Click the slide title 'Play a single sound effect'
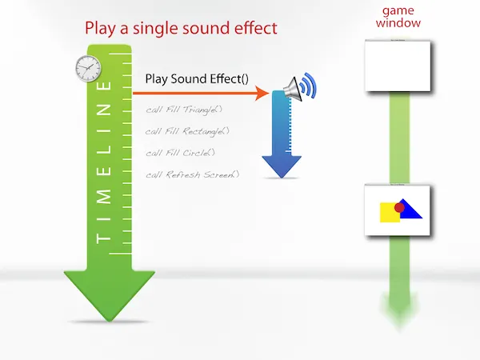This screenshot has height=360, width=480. tap(181, 28)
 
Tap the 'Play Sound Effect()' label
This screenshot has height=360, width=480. tap(197, 79)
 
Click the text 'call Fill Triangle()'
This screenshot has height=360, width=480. tap(183, 110)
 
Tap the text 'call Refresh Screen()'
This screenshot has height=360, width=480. tap(192, 174)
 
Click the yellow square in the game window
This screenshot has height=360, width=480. tap(390, 212)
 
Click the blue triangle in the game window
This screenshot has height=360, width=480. tap(411, 210)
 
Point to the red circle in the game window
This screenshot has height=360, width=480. tap(400, 206)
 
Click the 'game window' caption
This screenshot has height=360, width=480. tap(402, 17)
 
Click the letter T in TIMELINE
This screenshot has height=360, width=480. tap(102, 238)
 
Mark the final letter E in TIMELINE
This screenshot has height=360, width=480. tap(102, 86)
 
